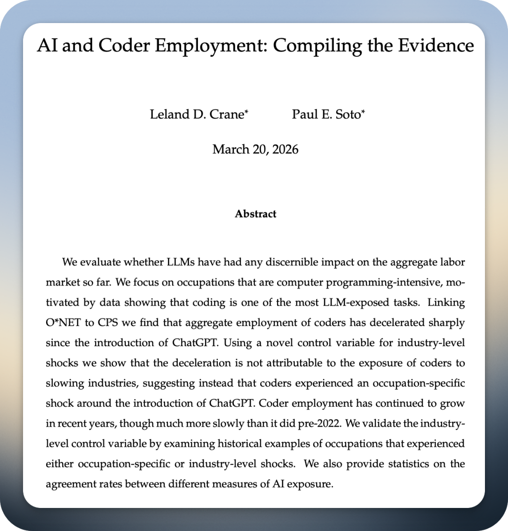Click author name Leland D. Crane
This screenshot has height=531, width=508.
click(x=196, y=114)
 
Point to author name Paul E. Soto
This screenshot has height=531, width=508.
click(x=325, y=114)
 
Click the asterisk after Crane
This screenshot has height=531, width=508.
click(x=246, y=112)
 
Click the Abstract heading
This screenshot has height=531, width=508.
click(x=255, y=214)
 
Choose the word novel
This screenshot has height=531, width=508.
click(x=279, y=343)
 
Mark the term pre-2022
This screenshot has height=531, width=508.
click(x=320, y=423)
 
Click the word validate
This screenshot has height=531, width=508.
click(x=383, y=423)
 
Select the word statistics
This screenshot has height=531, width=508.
click(x=409, y=464)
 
